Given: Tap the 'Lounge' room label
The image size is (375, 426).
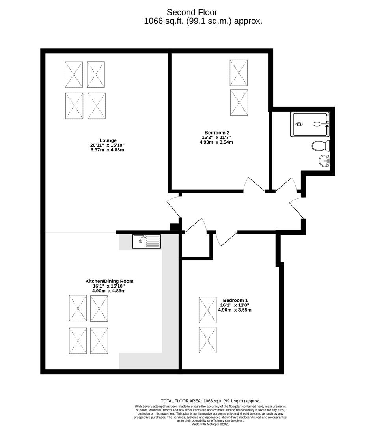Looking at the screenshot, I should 108,140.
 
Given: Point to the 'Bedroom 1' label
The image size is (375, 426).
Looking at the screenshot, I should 235,300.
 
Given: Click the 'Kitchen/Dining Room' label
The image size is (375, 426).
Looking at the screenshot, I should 109,281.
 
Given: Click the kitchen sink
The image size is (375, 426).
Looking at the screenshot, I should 147,241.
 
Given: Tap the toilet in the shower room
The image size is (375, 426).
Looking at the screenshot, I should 320,146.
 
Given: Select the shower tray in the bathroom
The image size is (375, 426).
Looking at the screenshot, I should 310,124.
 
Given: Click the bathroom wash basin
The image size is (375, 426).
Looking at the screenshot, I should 325,160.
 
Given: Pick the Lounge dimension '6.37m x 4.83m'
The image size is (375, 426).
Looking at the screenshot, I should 107,150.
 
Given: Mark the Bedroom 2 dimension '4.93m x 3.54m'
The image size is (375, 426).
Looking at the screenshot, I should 216,142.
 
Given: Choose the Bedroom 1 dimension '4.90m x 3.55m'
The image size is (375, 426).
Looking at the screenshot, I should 235,310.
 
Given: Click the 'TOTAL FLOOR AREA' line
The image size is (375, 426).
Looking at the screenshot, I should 210,400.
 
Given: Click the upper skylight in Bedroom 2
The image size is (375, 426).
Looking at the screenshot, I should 239,73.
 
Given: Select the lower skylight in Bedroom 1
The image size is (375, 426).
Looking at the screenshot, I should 207,340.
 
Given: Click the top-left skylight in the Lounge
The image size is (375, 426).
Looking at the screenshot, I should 74,74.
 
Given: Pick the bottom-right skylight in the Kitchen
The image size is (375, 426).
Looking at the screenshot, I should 99,340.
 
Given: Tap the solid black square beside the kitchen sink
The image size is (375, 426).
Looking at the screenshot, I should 174,227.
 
